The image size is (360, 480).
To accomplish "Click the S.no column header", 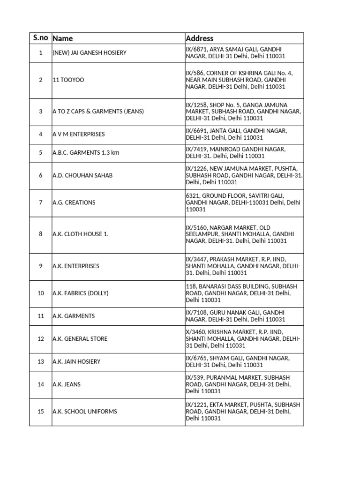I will (40, 38).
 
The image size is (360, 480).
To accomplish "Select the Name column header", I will (63, 38).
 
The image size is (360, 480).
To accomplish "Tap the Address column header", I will (200, 38).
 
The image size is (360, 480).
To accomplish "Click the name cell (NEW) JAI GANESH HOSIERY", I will (90, 53).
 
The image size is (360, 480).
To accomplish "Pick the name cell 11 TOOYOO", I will (68, 80).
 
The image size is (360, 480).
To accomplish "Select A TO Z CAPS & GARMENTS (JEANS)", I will (98, 112).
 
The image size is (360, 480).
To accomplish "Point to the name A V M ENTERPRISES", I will (79, 134).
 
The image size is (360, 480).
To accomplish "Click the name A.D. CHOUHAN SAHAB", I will (82, 175).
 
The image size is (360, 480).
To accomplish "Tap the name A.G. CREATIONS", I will (74, 202).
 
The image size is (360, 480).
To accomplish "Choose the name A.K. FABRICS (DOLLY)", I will (81, 293).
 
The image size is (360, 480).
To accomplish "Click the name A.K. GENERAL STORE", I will (80, 339).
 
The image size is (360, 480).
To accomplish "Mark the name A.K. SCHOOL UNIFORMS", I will (85, 412).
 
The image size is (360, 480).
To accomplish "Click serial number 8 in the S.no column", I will (41, 234).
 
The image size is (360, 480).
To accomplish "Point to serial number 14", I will (41, 384).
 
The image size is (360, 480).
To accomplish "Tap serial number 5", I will (41, 152).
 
